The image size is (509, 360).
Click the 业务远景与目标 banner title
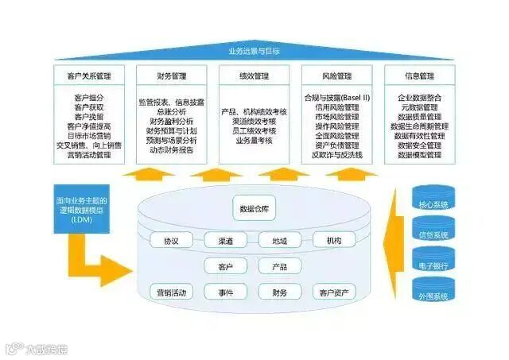coord(254,51)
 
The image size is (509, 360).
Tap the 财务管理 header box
coord(171,76)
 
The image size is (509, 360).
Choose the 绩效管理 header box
coord(254,76)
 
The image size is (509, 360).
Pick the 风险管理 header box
coord(338,76)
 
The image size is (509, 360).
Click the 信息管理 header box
coord(421,76)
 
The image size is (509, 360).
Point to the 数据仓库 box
coord(254,210)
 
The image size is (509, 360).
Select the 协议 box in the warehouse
coord(171,240)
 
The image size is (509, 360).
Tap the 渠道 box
coord(225,240)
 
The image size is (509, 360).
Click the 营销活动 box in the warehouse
coord(171,292)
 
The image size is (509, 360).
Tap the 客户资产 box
coord(333,292)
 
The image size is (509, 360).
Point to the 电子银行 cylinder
coord(433,261)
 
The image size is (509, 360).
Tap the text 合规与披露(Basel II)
coord(338,97)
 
